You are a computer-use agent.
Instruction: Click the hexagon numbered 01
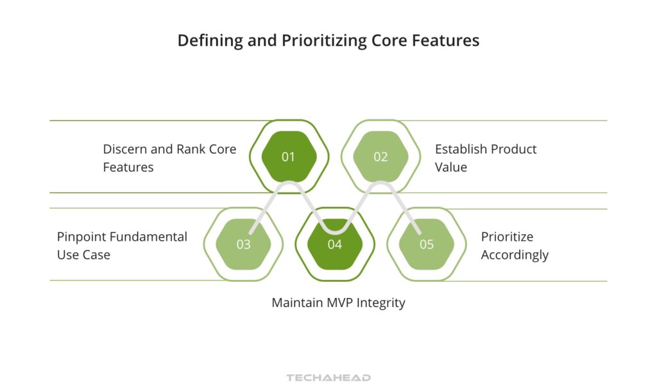point(289,157)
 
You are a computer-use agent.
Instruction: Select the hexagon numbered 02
point(380,157)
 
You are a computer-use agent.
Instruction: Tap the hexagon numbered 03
point(243,245)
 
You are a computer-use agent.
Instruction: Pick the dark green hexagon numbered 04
point(335,245)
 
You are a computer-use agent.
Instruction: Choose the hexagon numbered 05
point(427,245)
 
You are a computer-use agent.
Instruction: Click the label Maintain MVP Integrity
point(338,302)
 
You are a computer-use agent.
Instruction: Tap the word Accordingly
point(515,255)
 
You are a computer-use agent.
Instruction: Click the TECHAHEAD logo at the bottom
point(328,378)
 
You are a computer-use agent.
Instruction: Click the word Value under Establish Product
point(451,167)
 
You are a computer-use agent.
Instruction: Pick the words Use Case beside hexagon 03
point(83,255)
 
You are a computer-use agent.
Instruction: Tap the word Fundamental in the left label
point(148,236)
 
